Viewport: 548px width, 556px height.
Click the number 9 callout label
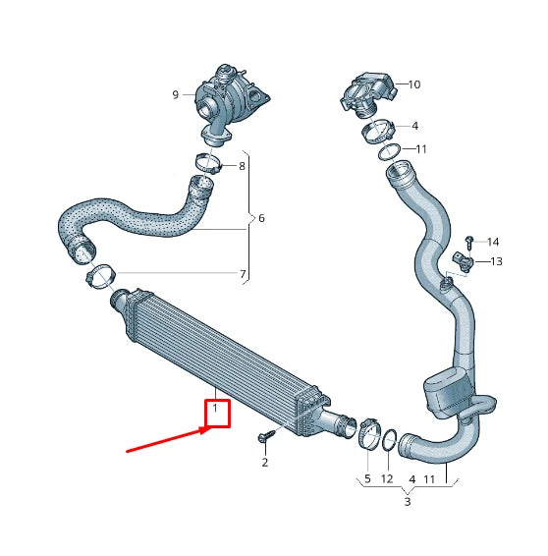click(x=176, y=95)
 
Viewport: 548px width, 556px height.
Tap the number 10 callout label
click(x=413, y=84)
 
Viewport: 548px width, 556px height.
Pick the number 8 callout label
click(x=243, y=167)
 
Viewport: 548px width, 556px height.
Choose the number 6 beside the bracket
click(x=261, y=218)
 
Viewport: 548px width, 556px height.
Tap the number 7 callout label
click(x=243, y=273)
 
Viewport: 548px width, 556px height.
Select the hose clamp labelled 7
click(x=99, y=274)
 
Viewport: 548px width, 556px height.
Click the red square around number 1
click(x=216, y=411)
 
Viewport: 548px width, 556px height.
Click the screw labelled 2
click(x=265, y=436)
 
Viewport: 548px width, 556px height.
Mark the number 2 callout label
click(x=264, y=462)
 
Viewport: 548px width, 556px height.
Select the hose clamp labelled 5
click(x=369, y=430)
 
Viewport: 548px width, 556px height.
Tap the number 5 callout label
click(x=367, y=478)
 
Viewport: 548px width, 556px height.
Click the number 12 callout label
click(x=387, y=478)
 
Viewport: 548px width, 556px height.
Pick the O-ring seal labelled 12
click(x=388, y=441)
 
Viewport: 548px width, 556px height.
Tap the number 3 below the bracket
click(x=408, y=502)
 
